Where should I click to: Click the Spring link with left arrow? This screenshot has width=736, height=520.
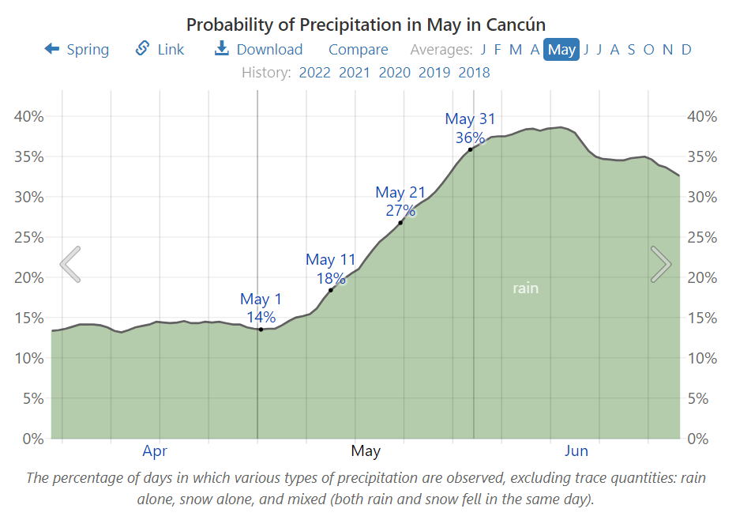77,49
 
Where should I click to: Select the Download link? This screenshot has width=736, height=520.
258,49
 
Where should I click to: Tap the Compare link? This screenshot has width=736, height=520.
358,49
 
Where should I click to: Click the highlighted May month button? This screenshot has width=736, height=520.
561,49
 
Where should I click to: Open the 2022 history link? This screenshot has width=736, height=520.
314,73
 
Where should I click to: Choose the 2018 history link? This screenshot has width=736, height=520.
474,73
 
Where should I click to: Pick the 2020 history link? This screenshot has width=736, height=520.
394,73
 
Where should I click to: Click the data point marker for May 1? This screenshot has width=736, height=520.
261,329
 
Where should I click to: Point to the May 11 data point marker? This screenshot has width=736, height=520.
331,290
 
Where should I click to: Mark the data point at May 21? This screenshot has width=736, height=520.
400,223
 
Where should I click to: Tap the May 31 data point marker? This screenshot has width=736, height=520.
471,149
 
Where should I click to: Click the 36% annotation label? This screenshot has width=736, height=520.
469,137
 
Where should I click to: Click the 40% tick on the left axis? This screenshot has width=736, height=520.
30,116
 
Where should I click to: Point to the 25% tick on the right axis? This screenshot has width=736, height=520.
702,237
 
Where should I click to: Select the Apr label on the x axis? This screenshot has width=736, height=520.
155,451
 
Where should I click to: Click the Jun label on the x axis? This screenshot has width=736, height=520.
576,451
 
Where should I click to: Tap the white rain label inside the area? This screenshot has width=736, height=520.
525,288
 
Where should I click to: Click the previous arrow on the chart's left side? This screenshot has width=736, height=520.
70,264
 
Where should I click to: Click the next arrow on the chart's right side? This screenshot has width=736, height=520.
661,264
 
